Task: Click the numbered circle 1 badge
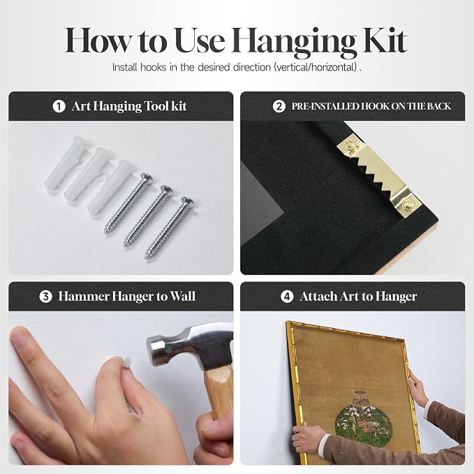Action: pos(59,106)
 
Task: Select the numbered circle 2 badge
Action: pos(279,106)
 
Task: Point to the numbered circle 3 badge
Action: pos(45,297)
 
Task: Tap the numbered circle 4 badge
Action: pos(287,297)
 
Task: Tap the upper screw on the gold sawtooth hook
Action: pos(351,144)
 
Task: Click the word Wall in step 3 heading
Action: pos(183,296)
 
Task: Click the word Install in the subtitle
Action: pos(124,67)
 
